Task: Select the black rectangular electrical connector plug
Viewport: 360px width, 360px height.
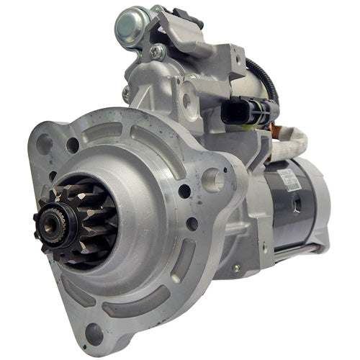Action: [x=237, y=109]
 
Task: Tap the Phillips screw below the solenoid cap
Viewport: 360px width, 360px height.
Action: [x=156, y=52]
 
